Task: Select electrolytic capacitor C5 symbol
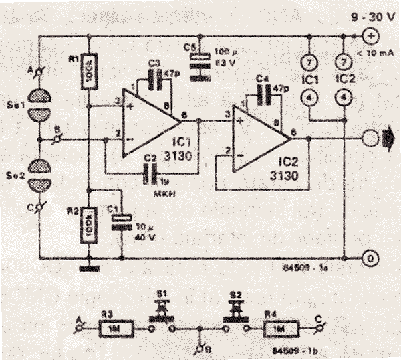(196, 61)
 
